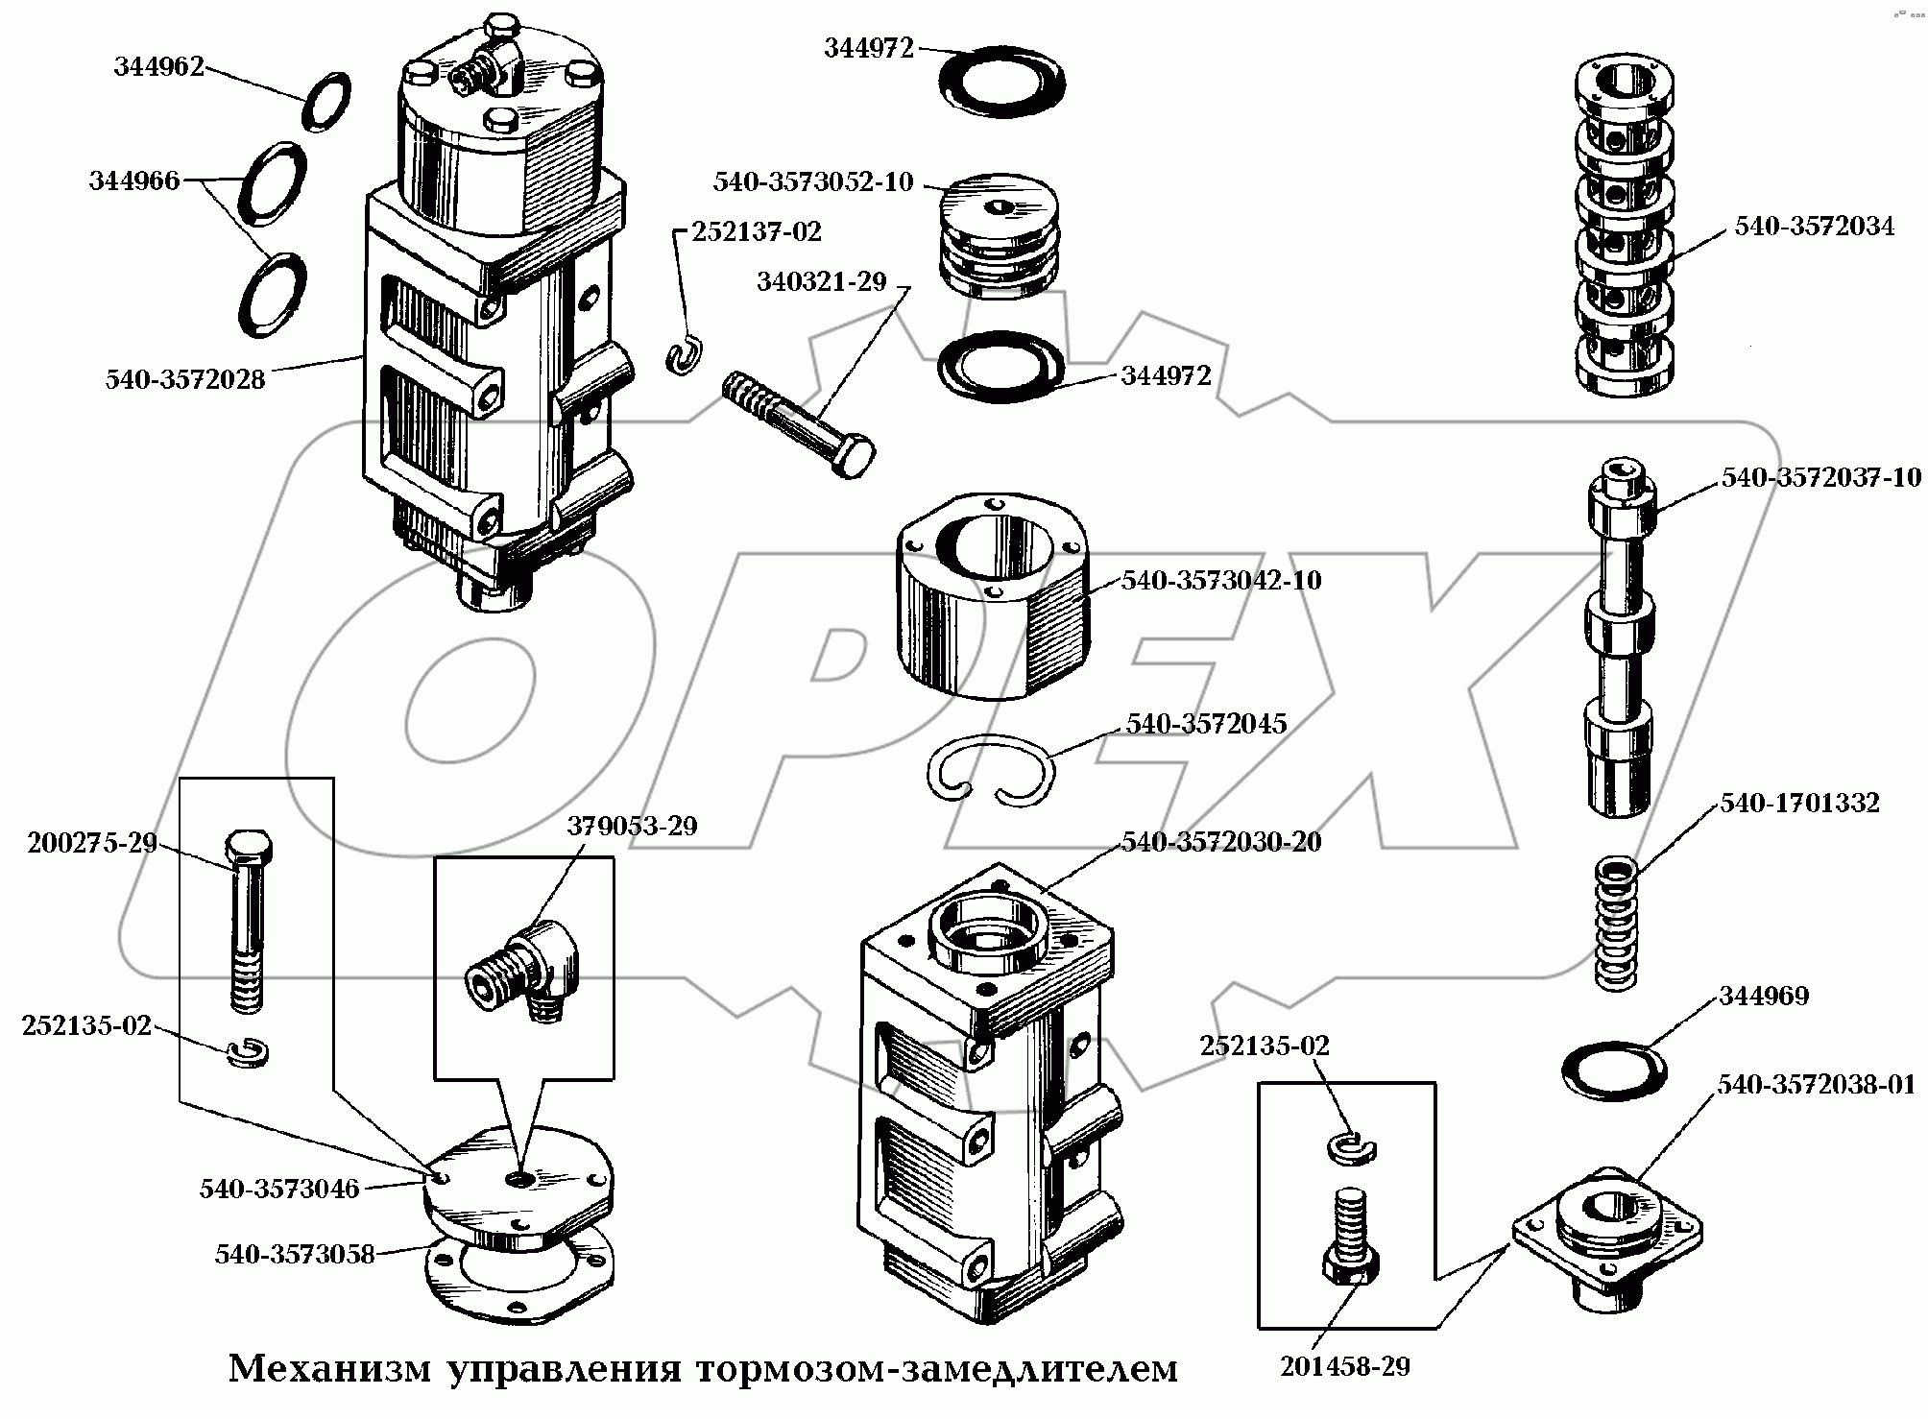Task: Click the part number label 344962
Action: [159, 66]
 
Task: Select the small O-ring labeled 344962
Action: [326, 101]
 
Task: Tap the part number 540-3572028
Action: [185, 379]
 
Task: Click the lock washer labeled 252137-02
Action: [686, 355]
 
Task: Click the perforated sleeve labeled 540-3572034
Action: [1625, 225]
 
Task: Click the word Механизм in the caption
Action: [330, 1369]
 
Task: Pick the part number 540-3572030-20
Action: [1221, 842]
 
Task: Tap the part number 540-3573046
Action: [279, 1189]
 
